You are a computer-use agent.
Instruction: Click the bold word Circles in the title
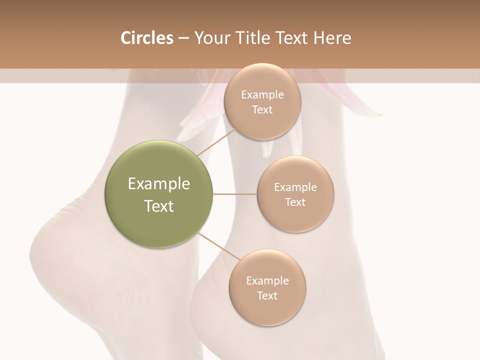[146, 38]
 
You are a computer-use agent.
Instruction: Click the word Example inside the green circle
[159, 184]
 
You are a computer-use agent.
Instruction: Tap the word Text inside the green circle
[159, 206]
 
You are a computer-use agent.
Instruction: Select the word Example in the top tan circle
[262, 95]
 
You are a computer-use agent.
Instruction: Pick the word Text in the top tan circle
[262, 110]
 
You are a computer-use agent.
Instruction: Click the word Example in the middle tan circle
[295, 187]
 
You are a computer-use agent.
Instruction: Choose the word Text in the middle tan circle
[295, 202]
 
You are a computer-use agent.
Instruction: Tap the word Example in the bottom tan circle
[267, 281]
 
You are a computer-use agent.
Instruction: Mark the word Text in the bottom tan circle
[267, 296]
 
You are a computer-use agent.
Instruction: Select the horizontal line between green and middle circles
[235, 194]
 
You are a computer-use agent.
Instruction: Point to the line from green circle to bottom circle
[218, 246]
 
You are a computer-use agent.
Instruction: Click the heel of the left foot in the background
[50, 250]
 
